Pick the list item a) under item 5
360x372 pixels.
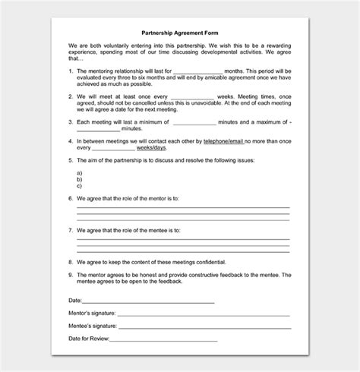tap(79, 173)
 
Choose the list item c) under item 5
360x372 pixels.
tap(79, 185)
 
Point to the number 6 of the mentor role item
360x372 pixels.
tap(70, 198)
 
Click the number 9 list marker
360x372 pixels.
tap(70, 275)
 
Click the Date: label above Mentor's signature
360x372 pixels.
tap(75, 301)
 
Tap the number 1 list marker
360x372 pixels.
tap(70, 71)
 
